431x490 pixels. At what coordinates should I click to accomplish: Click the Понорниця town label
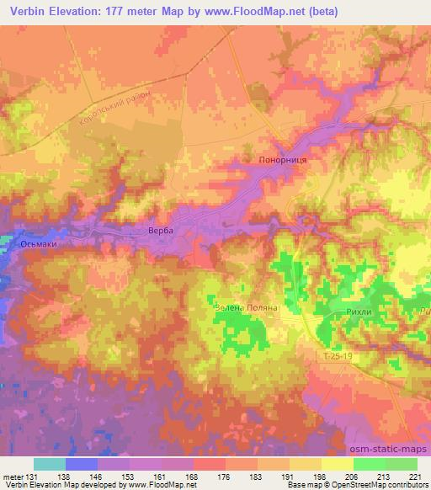[x=276, y=160]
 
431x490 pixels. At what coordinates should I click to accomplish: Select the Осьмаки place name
[x=39, y=244]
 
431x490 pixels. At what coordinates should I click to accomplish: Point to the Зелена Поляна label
[x=246, y=308]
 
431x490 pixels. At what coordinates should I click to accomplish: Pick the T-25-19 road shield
[x=339, y=357]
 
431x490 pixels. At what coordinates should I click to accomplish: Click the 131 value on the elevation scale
[x=33, y=476]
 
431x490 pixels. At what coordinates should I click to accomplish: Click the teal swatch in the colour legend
[x=49, y=464]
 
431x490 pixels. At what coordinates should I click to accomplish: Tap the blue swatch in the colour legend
[x=81, y=464]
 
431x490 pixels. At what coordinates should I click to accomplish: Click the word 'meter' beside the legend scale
[x=13, y=476]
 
